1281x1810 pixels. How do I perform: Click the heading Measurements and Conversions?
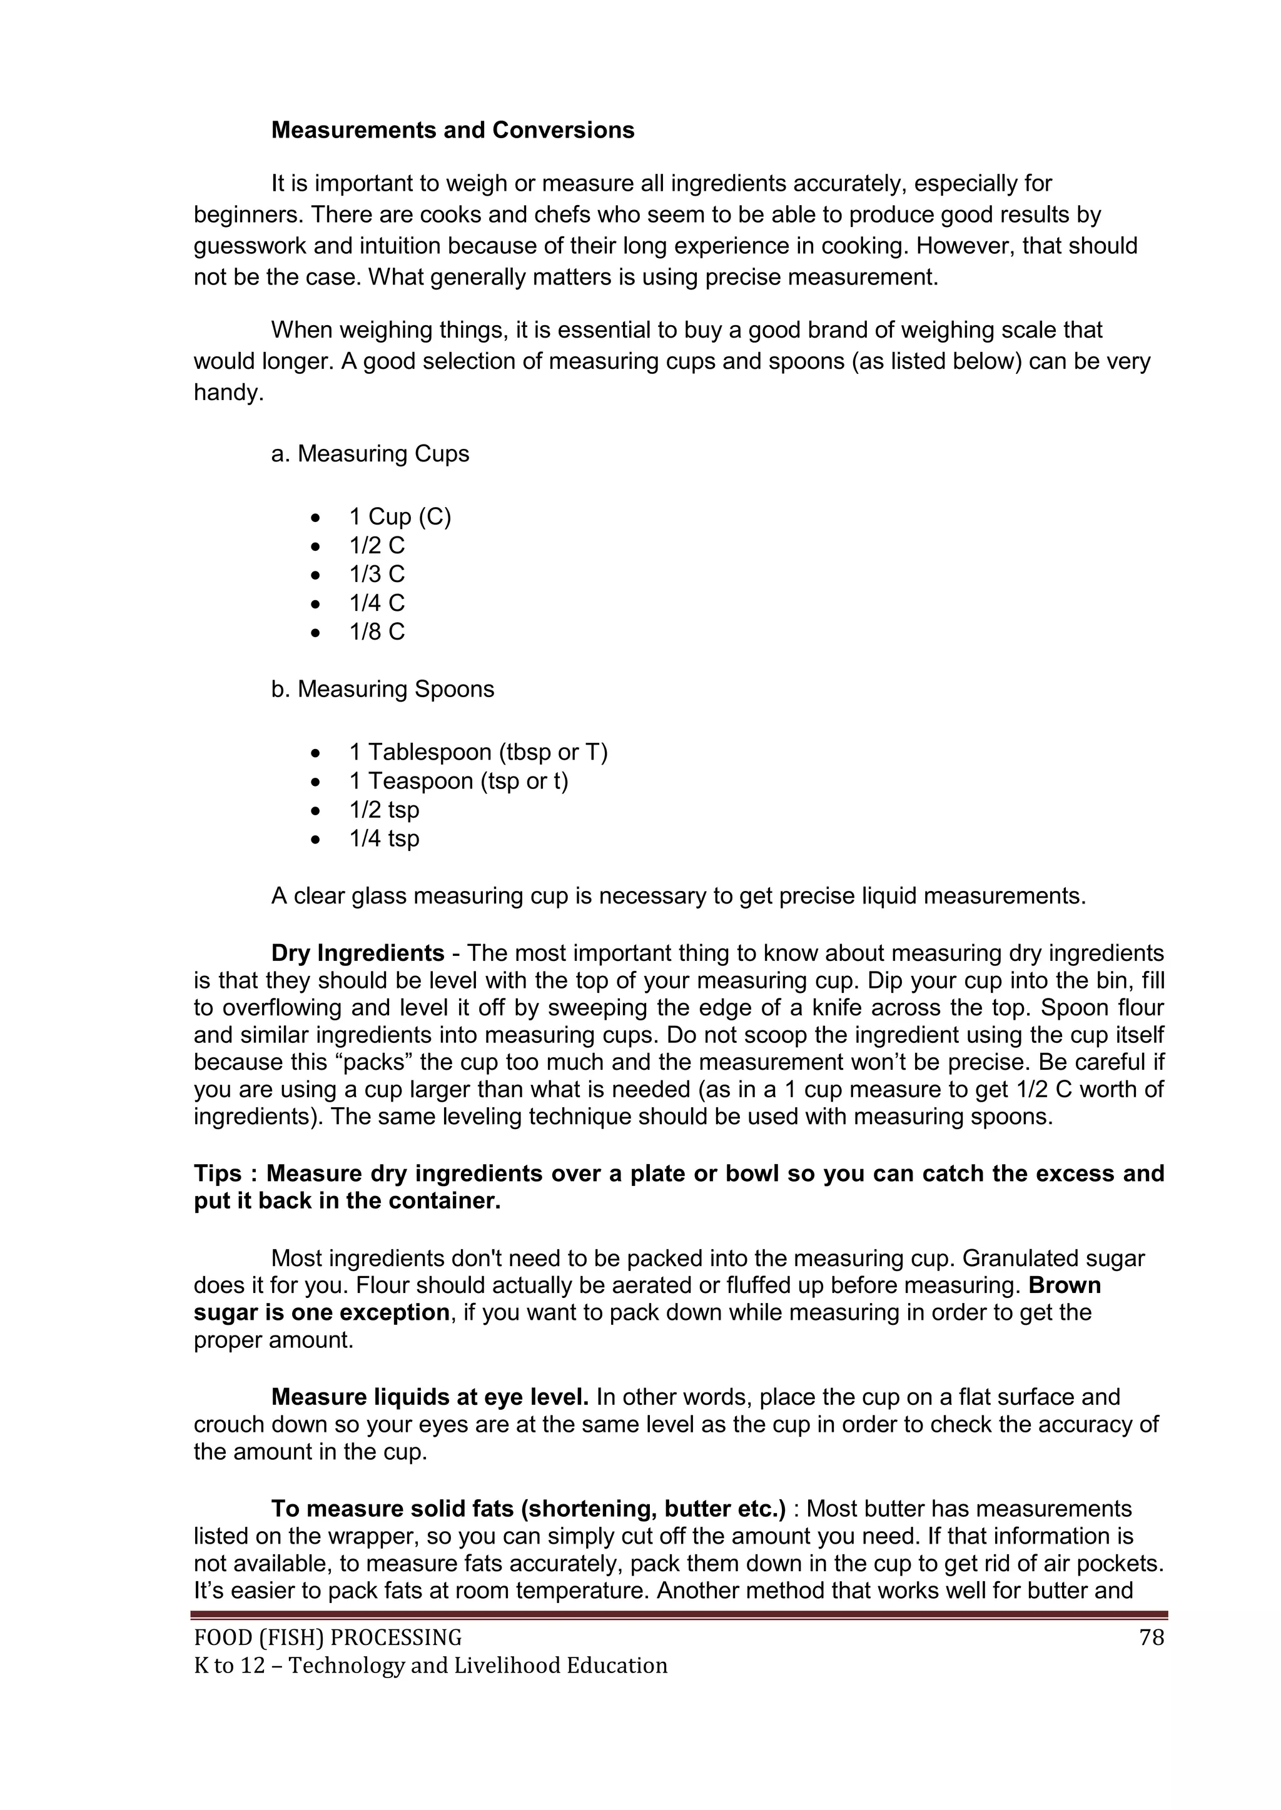point(452,130)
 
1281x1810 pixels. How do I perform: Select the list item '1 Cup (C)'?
point(400,516)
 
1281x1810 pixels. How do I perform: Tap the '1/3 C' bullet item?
point(377,574)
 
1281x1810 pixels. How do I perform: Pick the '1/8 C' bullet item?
point(377,631)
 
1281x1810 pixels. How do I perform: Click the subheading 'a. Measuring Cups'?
point(370,454)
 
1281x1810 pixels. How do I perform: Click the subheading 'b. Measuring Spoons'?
point(383,689)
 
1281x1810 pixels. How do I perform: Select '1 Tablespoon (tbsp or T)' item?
point(478,752)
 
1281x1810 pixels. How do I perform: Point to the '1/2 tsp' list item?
point(384,810)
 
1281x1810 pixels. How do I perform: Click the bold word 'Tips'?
point(218,1173)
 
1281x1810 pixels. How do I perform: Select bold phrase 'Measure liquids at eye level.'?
point(430,1397)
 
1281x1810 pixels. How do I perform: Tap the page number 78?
point(1152,1638)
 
